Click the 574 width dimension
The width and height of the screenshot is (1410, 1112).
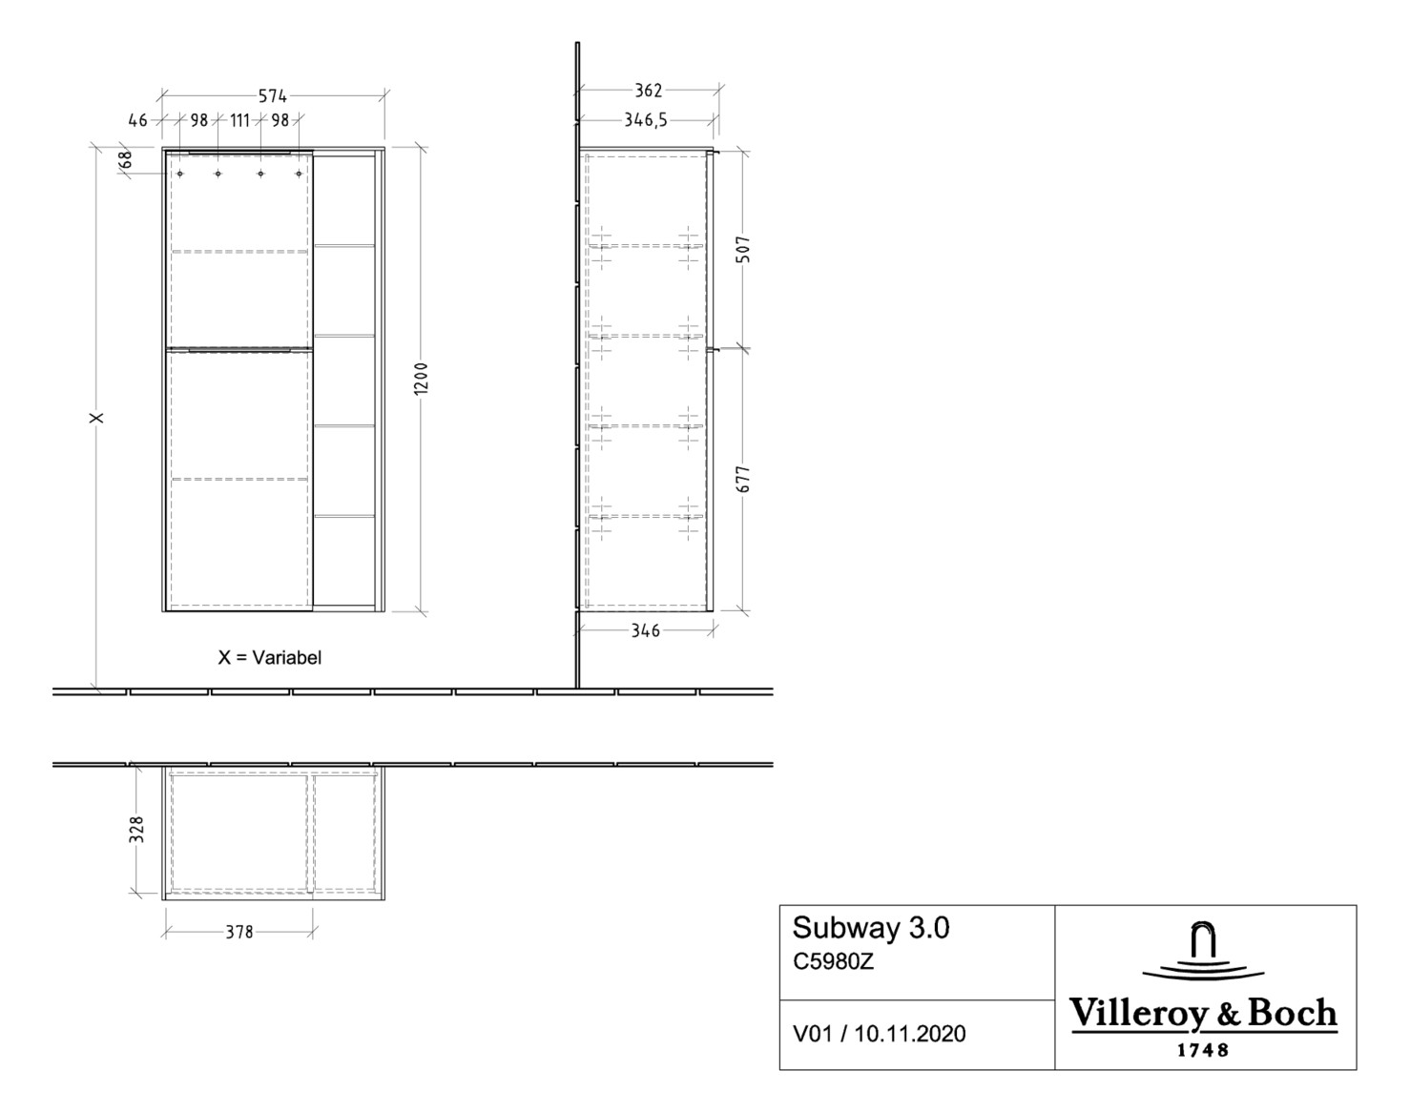pyautogui.click(x=273, y=95)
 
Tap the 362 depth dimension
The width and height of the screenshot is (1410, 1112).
pyautogui.click(x=649, y=91)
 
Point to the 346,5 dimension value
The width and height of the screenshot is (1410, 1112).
pyautogui.click(x=646, y=120)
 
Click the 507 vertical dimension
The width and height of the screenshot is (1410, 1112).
pyautogui.click(x=744, y=250)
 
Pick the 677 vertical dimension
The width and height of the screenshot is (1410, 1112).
pyautogui.click(x=744, y=479)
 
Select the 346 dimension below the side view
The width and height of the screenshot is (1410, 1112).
pyautogui.click(x=646, y=630)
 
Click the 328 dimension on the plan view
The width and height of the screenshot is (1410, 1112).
pyautogui.click(x=137, y=829)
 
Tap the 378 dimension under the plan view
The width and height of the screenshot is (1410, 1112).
pyautogui.click(x=239, y=932)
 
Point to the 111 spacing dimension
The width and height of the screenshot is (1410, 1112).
pyautogui.click(x=239, y=120)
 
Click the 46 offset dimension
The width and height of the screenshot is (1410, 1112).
pyautogui.click(x=137, y=120)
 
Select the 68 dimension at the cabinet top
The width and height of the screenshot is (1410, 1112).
pyautogui.click(x=126, y=161)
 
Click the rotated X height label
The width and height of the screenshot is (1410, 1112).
pyautogui.click(x=95, y=418)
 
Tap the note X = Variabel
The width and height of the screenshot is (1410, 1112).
pyautogui.click(x=270, y=657)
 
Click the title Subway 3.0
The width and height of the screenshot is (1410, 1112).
pyautogui.click(x=871, y=928)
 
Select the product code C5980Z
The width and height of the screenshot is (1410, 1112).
pyautogui.click(x=833, y=961)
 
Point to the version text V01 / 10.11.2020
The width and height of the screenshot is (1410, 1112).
pyautogui.click(x=879, y=1034)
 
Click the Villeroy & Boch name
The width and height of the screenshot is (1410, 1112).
pyautogui.click(x=1203, y=1014)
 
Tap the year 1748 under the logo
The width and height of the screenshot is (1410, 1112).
pyautogui.click(x=1203, y=1051)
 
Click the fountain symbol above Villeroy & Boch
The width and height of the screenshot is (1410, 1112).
pyautogui.click(x=1203, y=953)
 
